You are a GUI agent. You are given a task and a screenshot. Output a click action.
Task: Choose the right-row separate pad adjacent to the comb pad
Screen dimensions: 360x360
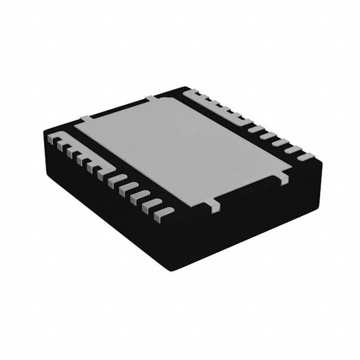click(x=256, y=129)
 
